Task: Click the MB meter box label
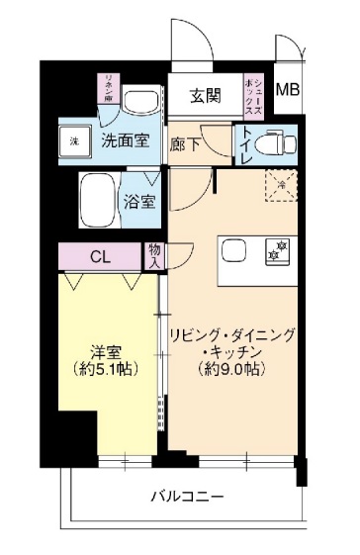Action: point(287,89)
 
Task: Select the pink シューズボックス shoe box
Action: point(254,95)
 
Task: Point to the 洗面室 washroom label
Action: point(126,139)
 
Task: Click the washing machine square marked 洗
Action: point(74,140)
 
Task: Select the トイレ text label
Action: point(243,144)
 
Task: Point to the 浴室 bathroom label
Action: point(139,202)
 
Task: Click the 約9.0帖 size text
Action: point(232,369)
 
